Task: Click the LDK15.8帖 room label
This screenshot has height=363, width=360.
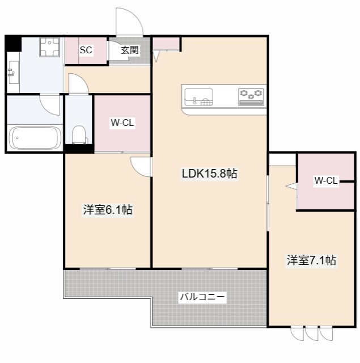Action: (x=209, y=174)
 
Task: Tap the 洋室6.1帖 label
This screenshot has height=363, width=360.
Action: (x=108, y=210)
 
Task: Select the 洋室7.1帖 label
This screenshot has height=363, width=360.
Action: (x=311, y=260)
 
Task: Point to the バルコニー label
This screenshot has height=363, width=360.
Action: (x=202, y=296)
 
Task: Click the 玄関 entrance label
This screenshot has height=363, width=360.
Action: (x=130, y=50)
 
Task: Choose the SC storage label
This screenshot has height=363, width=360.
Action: (x=86, y=50)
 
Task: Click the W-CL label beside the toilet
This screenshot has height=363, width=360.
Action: (x=122, y=123)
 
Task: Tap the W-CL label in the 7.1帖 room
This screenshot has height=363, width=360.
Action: (x=326, y=180)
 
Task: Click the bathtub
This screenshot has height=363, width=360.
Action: (x=35, y=137)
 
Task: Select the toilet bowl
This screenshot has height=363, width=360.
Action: (x=79, y=134)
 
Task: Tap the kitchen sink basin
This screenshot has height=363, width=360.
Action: (x=199, y=97)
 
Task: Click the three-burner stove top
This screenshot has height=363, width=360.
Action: (x=251, y=97)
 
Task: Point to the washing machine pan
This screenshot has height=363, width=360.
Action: (x=49, y=47)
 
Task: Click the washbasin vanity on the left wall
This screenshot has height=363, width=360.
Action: (x=14, y=72)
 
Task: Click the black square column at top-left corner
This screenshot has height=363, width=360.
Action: (x=13, y=43)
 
